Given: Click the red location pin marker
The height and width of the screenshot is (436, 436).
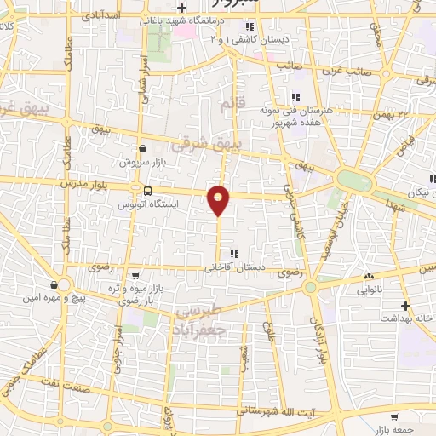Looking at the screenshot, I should (x=219, y=199).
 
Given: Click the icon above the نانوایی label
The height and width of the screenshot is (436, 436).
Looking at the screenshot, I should (x=369, y=277).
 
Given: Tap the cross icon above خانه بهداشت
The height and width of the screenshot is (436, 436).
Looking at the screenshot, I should (x=406, y=305).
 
